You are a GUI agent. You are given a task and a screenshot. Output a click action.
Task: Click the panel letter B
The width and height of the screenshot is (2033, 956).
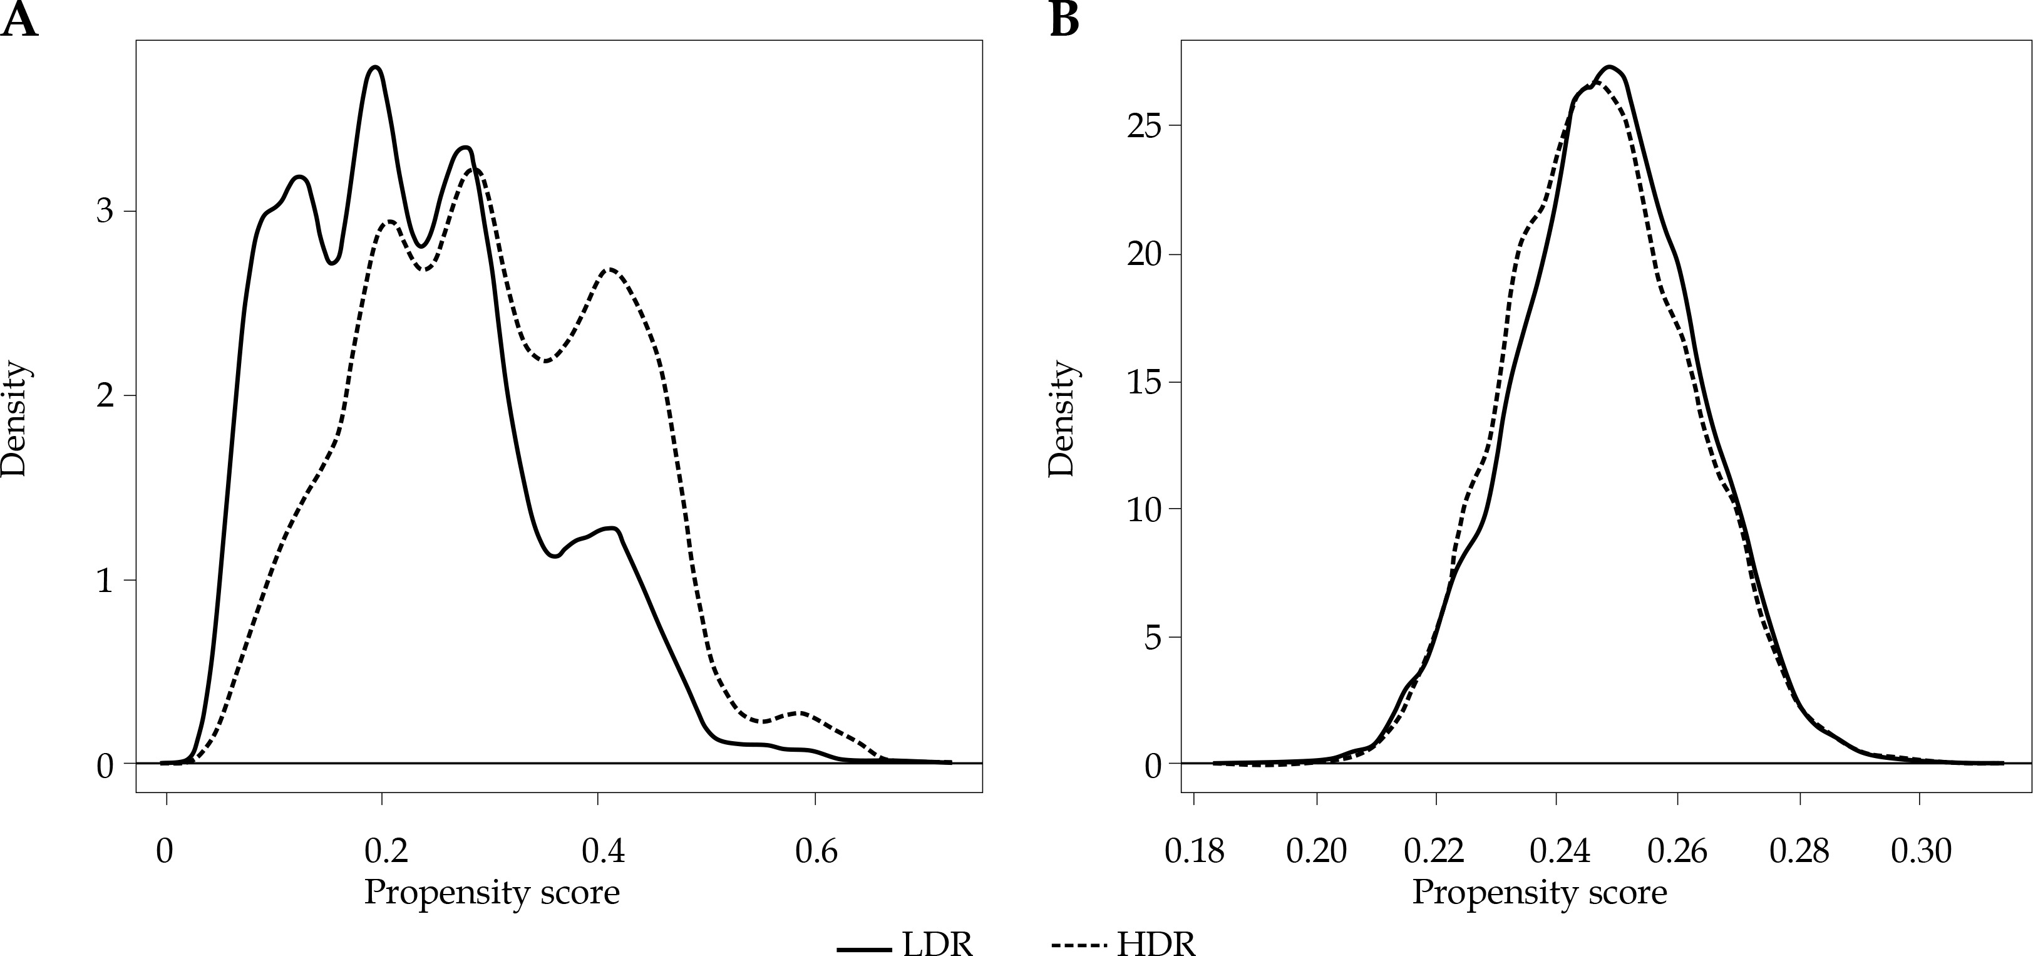click(1064, 21)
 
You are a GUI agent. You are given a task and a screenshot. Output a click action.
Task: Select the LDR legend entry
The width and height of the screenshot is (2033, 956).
click(906, 944)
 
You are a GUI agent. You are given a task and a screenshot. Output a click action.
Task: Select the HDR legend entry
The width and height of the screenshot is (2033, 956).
click(1124, 944)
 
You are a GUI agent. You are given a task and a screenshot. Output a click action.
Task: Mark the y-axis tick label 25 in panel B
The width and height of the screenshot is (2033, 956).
click(1145, 127)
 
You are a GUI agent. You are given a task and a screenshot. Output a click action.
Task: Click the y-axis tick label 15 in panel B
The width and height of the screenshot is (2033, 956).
click(1145, 383)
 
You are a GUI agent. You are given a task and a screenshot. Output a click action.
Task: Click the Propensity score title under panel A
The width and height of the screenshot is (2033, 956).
click(492, 893)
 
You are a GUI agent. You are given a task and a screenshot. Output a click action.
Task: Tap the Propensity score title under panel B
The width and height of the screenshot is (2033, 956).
click(1539, 893)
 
